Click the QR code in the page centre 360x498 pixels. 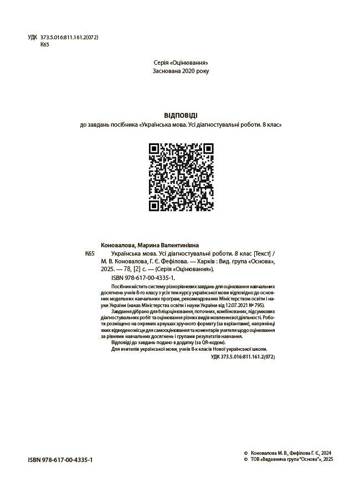pyautogui.click(x=181, y=177)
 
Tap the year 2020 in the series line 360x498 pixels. pyautogui.click(x=189, y=71)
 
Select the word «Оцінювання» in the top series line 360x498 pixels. pyautogui.click(x=193, y=63)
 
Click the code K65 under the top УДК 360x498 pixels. pyautogui.click(x=45, y=45)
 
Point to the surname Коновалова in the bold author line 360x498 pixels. pyautogui.click(x=117, y=245)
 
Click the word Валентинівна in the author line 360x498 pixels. pyautogui.click(x=181, y=245)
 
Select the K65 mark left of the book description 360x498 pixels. pyautogui.click(x=90, y=253)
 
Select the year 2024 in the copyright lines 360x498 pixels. pyautogui.click(x=327, y=452)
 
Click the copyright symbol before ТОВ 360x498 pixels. pyautogui.click(x=246, y=459)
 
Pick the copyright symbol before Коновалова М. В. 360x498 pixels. pyautogui.click(x=246, y=452)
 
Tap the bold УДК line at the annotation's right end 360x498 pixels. pyautogui.click(x=243, y=357)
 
